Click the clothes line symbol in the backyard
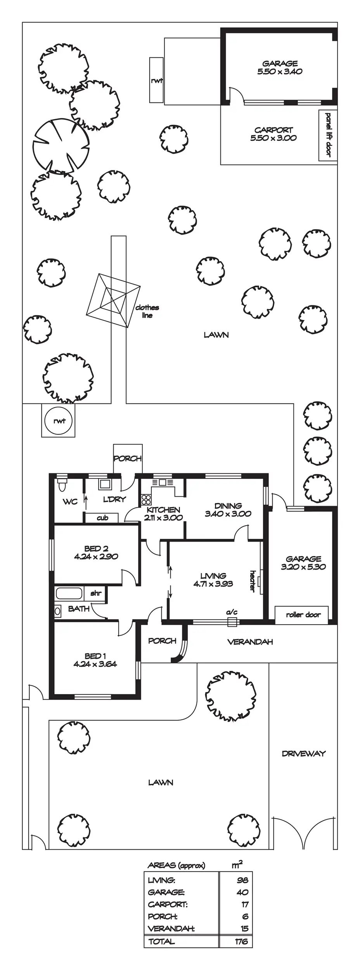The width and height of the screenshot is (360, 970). click(113, 301)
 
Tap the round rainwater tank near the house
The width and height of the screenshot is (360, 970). click(59, 421)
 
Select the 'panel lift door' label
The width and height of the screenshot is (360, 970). click(328, 135)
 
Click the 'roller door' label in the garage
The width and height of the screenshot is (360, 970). click(303, 615)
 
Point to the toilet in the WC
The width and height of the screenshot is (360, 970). click(61, 485)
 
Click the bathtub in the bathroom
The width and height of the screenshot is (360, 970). click(69, 593)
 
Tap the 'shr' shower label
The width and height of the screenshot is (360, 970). click(96, 593)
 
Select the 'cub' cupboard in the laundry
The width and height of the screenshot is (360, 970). click(102, 518)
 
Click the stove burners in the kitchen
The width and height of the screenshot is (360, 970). click(145, 499)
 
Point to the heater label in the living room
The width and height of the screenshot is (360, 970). click(253, 581)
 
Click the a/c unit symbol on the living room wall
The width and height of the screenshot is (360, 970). click(232, 622)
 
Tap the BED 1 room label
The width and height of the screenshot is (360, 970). click(95, 656)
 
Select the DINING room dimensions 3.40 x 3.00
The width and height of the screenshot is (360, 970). click(228, 514)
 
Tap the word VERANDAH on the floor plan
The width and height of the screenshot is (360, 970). click(250, 642)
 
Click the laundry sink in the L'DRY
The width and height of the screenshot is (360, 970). click(104, 484)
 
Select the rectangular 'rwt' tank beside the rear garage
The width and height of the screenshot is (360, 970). click(156, 80)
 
